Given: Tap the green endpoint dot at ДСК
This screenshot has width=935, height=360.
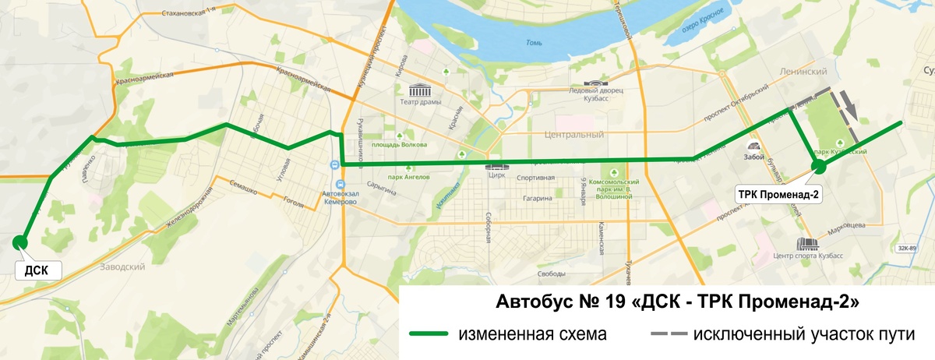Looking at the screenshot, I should coord(20,242).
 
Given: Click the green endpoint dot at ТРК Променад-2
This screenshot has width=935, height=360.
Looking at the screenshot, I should coord(818,165).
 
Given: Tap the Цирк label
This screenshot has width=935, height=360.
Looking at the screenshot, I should coord(496,176).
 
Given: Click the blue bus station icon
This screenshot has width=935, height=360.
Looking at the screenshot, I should coord(333,164).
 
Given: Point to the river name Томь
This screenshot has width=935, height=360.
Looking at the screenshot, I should coord(534,42).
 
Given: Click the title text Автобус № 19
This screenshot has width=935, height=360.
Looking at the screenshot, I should coord(545,301).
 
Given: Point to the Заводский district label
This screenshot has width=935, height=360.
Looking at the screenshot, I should coord(123,266).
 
